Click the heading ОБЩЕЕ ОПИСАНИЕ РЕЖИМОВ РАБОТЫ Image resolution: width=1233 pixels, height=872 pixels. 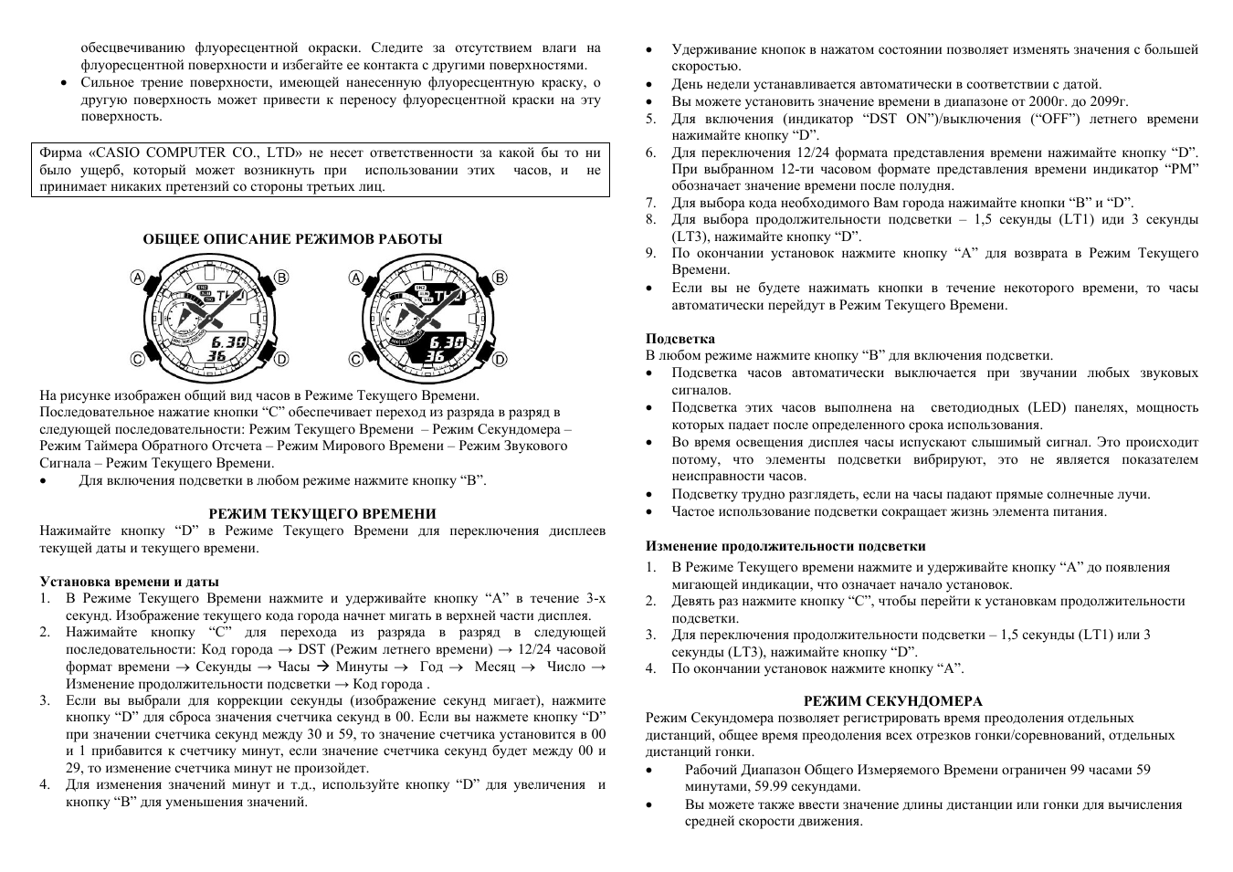point(292,239)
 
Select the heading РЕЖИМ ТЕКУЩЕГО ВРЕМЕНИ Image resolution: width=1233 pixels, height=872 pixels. point(322,514)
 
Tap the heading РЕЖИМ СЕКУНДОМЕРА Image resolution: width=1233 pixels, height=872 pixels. point(892,701)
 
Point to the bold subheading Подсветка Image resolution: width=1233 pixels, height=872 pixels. point(680,339)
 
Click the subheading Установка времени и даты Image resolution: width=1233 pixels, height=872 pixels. point(129,582)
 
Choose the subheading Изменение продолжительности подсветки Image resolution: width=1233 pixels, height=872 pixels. point(785,547)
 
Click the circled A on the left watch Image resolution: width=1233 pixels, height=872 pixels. point(138,278)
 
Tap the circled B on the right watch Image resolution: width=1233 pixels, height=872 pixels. point(500,278)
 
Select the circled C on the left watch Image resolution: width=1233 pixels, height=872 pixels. point(138,360)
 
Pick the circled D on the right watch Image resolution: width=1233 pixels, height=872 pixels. point(500,360)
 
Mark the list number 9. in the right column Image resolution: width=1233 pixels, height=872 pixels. point(651,253)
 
